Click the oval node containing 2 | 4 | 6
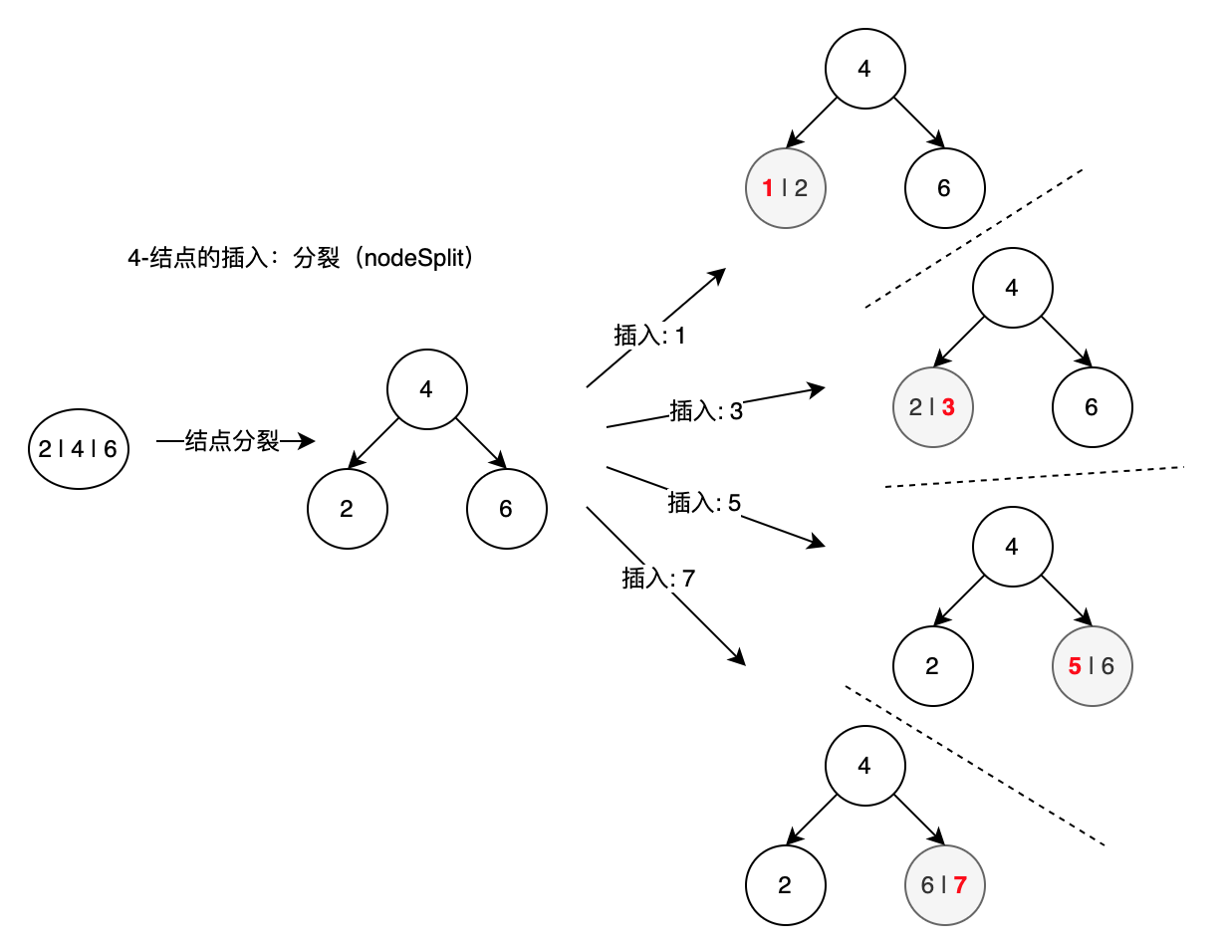(78, 449)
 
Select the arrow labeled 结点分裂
(234, 441)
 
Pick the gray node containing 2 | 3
(933, 406)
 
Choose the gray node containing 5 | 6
(1093, 666)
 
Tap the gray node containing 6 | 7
(945, 885)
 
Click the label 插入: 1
(650, 336)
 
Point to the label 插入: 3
(705, 410)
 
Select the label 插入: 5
(703, 503)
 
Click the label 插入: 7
(657, 578)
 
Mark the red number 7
(960, 885)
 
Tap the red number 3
(948, 406)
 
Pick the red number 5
(1075, 666)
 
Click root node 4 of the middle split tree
(426, 389)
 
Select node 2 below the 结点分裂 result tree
(347, 509)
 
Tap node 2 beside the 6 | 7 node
(786, 885)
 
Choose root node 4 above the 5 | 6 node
(1012, 547)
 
